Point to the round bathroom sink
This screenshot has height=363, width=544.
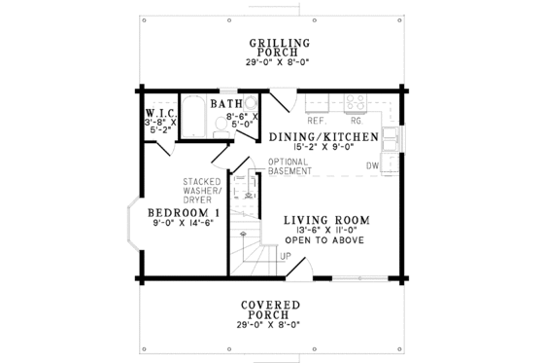coord(250,102)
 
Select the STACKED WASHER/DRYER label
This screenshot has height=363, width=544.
coord(202,192)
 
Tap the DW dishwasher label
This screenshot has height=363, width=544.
coord(371,166)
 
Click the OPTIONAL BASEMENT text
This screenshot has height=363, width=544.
coord(282,166)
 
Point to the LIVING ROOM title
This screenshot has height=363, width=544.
coord(324,220)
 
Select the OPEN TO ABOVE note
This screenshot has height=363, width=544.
coord(323,243)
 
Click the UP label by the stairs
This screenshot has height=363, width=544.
coord(286,256)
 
